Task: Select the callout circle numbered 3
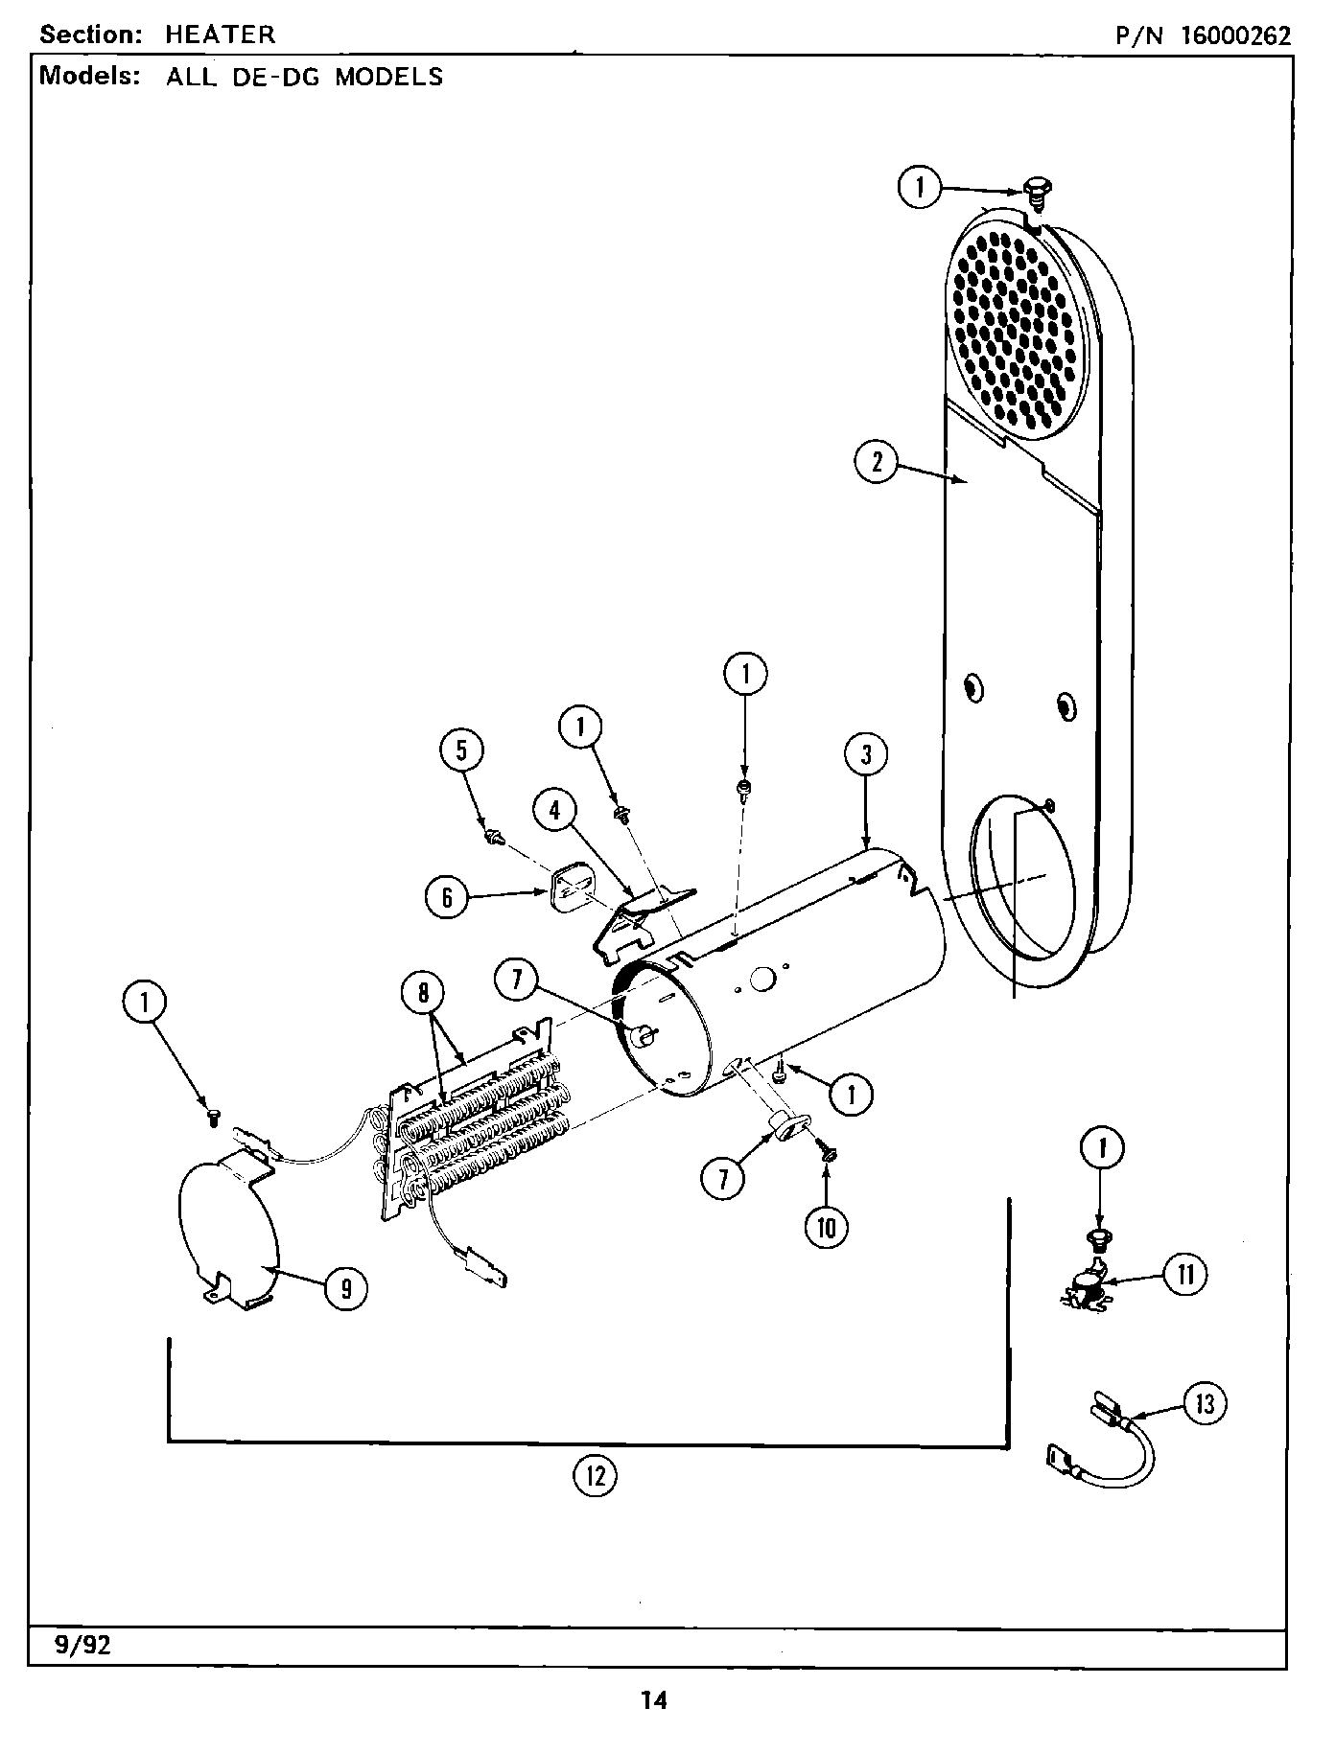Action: point(866,754)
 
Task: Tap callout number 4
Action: point(554,810)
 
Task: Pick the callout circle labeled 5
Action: point(461,750)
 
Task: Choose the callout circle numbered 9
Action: point(345,1289)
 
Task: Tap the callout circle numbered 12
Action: point(595,1476)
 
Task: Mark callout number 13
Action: point(1205,1404)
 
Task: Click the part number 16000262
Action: point(1235,35)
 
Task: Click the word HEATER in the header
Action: point(220,35)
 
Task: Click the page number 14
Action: point(654,1701)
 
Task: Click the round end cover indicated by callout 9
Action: point(227,1227)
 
